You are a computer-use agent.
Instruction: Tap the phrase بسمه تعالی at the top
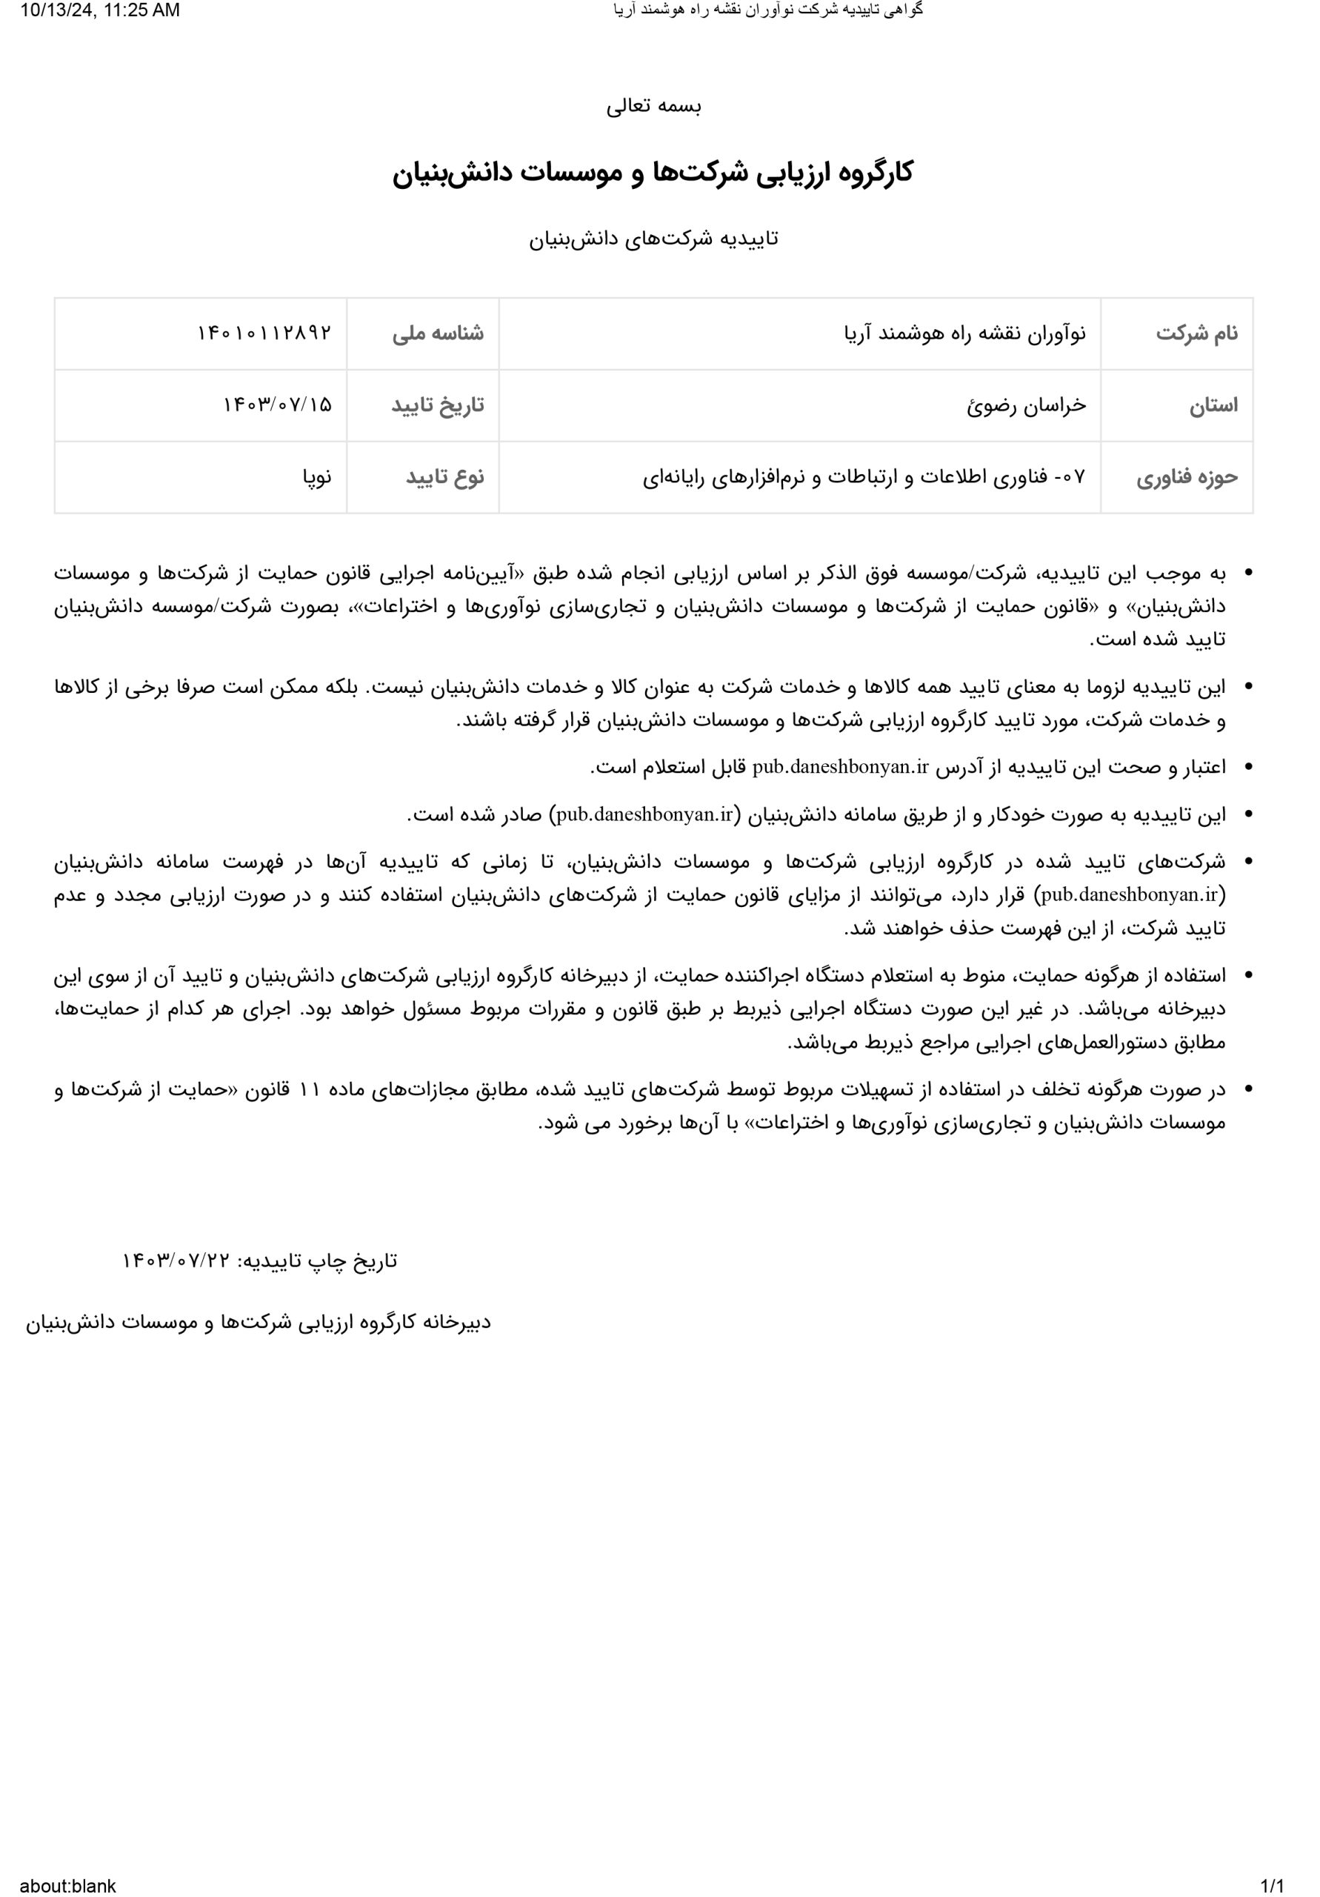pyautogui.click(x=653, y=107)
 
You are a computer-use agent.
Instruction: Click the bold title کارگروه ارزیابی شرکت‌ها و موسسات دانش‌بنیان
pyautogui.click(x=653, y=173)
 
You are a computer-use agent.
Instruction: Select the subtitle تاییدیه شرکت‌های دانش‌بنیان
pyautogui.click(x=653, y=239)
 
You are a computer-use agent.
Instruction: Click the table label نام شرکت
pyautogui.click(x=1196, y=333)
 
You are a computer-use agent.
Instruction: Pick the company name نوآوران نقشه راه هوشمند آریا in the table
pyautogui.click(x=964, y=333)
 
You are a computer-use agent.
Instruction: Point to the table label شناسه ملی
pyautogui.click(x=438, y=333)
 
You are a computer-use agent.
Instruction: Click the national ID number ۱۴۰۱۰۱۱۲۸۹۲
pyautogui.click(x=264, y=333)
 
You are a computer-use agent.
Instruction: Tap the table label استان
pyautogui.click(x=1213, y=405)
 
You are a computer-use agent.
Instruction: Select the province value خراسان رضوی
pyautogui.click(x=1027, y=405)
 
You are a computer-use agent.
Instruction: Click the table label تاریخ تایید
pyautogui.click(x=437, y=405)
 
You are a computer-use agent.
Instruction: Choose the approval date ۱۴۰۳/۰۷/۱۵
pyautogui.click(x=278, y=405)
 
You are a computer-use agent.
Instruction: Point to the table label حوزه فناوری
pyautogui.click(x=1187, y=477)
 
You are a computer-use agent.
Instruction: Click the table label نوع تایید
pyautogui.click(x=444, y=477)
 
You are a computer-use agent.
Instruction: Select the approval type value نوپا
pyautogui.click(x=317, y=477)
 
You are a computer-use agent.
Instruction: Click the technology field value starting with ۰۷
pyautogui.click(x=864, y=477)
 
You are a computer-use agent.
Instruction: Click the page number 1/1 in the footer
pyautogui.click(x=1272, y=1885)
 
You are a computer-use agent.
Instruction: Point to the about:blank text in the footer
pyautogui.click(x=67, y=1885)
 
